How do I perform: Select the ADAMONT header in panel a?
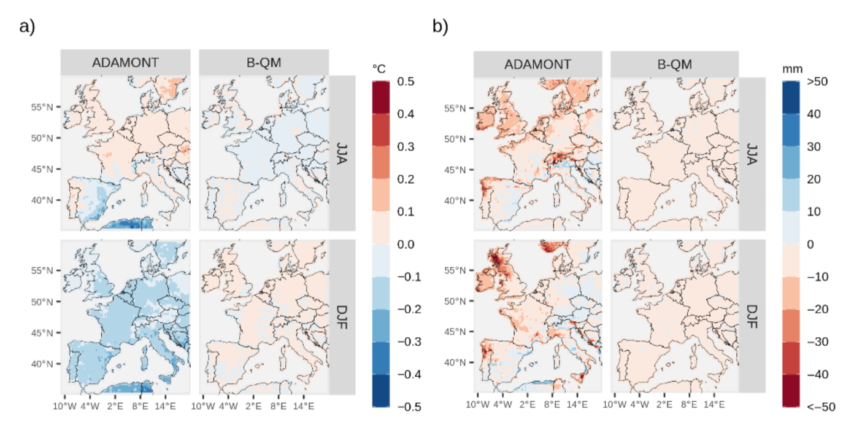125,63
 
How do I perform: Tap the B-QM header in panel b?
675,64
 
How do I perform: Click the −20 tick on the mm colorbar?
820,309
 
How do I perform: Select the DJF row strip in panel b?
752,316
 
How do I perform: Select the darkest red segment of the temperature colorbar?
381,97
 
